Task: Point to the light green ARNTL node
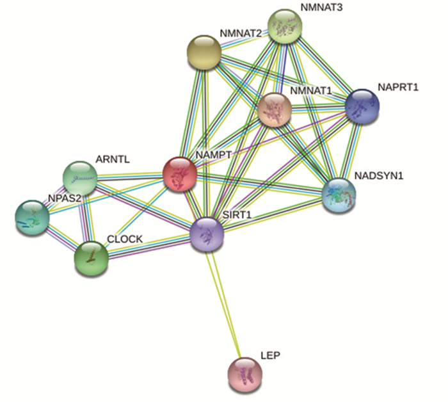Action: point(79,177)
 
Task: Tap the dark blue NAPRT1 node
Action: point(362,107)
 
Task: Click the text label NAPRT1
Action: point(397,86)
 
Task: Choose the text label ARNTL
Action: point(112,158)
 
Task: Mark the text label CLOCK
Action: point(125,239)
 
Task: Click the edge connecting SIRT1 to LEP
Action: point(225,301)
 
